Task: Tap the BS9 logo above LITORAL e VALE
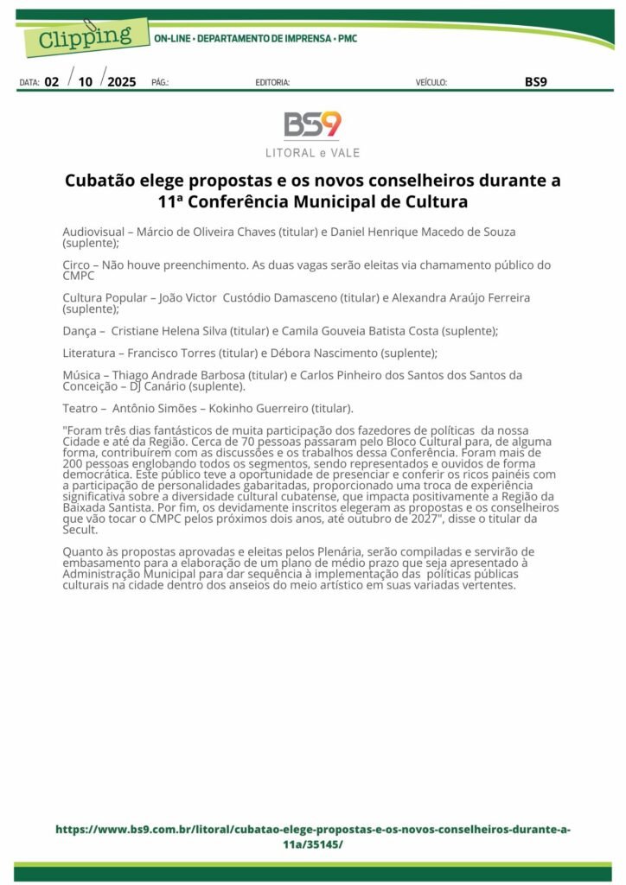point(312,125)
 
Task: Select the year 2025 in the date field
point(122,82)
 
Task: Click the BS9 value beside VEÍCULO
point(536,82)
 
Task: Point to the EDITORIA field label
point(272,83)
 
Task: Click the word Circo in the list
point(78,265)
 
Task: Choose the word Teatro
point(81,408)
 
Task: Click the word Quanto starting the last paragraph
point(83,551)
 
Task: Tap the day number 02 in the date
point(52,82)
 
